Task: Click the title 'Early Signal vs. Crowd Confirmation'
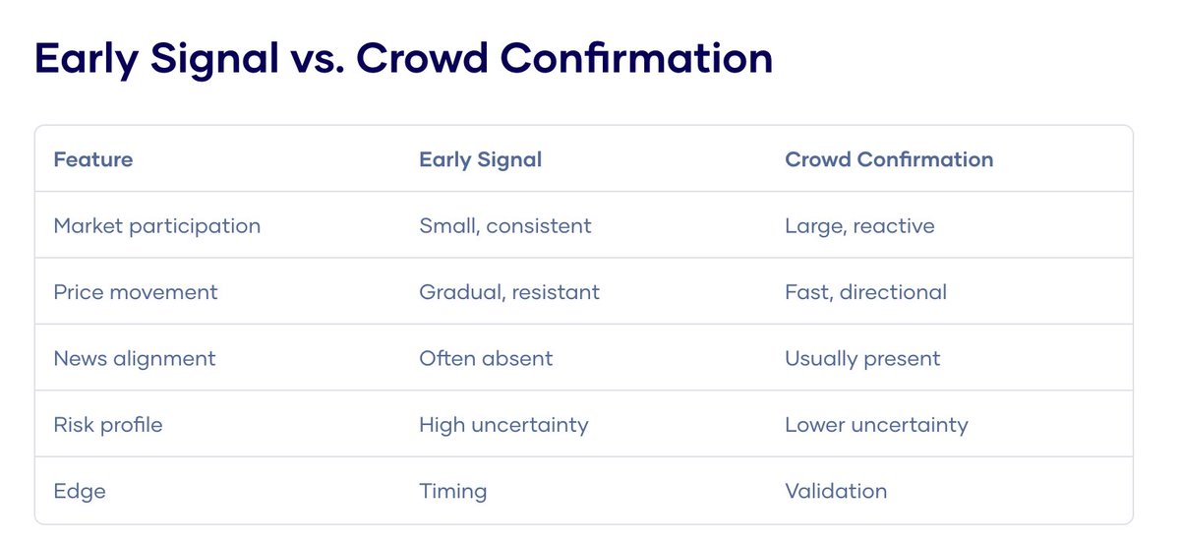(403, 59)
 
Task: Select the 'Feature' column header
(93, 159)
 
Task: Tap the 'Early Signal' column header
(480, 159)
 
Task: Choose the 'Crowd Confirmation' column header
(889, 159)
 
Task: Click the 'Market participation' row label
(157, 226)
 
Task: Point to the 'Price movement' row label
(136, 292)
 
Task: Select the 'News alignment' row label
(135, 359)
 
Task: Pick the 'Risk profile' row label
(108, 425)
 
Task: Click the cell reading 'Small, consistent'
(505, 226)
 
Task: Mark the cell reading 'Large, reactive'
(859, 226)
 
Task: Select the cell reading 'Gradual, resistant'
(509, 292)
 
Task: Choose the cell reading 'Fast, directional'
(865, 292)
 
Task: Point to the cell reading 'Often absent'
(486, 359)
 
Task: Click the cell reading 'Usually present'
(862, 359)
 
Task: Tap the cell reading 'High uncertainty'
(503, 425)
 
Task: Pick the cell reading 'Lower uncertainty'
(876, 425)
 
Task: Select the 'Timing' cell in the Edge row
(452, 491)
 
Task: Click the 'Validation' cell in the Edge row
(836, 491)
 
